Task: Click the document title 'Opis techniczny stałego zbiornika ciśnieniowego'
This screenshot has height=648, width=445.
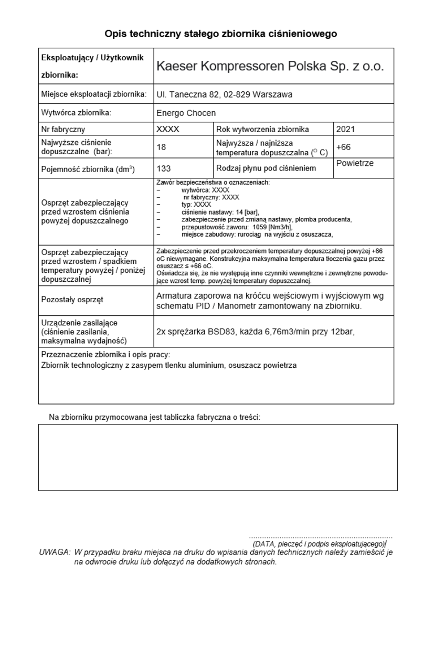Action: pos(220,34)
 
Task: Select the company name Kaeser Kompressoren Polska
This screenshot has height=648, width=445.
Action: pos(270,67)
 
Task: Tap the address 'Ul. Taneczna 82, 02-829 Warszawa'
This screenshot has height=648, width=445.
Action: pos(224,94)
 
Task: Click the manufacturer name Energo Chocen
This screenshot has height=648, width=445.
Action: pos(186,113)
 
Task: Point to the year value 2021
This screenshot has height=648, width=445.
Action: pos(345,129)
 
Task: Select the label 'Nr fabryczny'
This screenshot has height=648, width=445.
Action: pos(63,129)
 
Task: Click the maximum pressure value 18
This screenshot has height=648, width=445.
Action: pos(161,147)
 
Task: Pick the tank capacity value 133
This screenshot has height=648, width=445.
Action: pos(163,168)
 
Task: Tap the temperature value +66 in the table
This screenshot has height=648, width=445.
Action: pos(343,147)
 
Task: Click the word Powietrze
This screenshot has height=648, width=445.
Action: pos(355,163)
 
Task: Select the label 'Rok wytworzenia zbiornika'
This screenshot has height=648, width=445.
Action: pos(262,129)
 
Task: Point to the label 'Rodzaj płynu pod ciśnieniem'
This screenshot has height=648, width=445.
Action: pos(266,168)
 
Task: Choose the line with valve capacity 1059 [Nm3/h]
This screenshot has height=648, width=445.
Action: pos(236,227)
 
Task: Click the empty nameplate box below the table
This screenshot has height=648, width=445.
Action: pos(218,457)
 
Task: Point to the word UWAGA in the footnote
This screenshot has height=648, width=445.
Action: pos(55,552)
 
